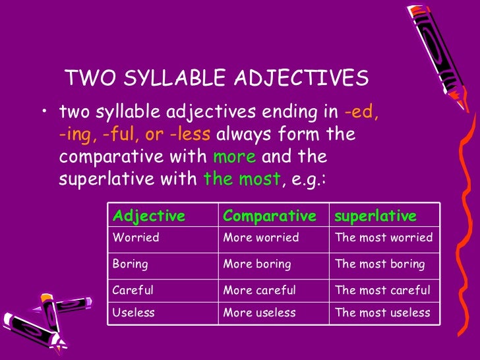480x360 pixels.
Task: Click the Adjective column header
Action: [149, 216]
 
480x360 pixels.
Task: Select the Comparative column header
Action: [270, 216]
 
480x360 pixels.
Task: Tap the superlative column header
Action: [376, 216]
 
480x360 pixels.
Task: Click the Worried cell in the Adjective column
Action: [136, 237]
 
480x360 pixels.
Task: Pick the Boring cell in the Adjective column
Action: [131, 264]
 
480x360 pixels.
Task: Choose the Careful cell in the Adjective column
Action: [134, 290]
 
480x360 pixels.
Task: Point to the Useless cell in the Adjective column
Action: [134, 313]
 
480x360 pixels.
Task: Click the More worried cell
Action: [261, 237]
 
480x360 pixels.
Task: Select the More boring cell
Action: [257, 264]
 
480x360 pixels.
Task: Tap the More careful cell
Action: [260, 290]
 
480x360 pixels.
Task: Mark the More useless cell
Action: [260, 313]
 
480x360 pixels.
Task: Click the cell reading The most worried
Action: [384, 237]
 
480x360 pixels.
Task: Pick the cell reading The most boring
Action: [380, 264]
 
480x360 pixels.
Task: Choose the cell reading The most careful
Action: [382, 290]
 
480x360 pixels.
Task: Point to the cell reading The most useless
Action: [382, 313]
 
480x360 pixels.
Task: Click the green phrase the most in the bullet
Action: [242, 179]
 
